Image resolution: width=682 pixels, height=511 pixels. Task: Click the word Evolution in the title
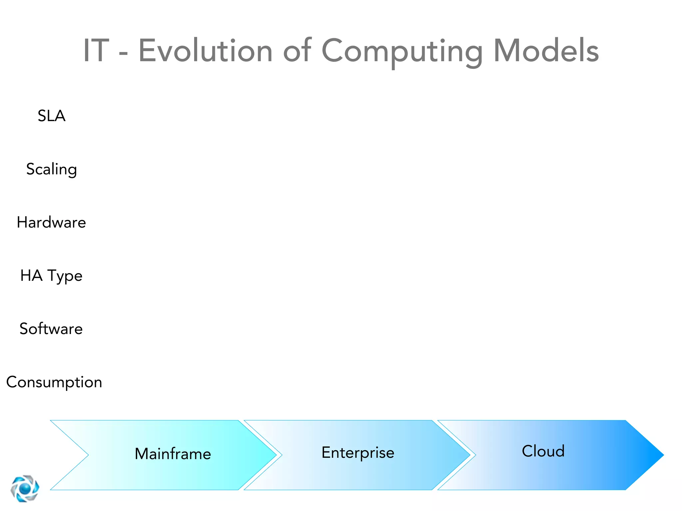[205, 51]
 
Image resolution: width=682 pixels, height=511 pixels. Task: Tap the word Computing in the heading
[402, 51]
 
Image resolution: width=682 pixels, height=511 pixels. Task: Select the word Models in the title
[546, 51]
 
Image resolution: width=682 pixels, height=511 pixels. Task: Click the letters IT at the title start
[96, 51]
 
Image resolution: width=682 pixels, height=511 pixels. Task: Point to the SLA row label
[52, 116]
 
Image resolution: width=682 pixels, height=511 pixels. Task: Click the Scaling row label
[52, 169]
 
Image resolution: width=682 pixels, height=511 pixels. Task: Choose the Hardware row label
[52, 222]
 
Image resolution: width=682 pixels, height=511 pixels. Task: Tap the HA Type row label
[52, 275]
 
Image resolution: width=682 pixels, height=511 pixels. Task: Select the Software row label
[51, 329]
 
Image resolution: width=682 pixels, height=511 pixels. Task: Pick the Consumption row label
[54, 382]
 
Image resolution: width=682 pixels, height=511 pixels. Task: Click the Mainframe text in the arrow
[173, 454]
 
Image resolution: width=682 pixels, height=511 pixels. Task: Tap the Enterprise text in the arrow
[358, 452]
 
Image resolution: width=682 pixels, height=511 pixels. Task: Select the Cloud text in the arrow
[543, 451]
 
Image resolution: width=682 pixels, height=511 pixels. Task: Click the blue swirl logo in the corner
[25, 488]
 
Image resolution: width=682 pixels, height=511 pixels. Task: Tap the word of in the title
[297, 51]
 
